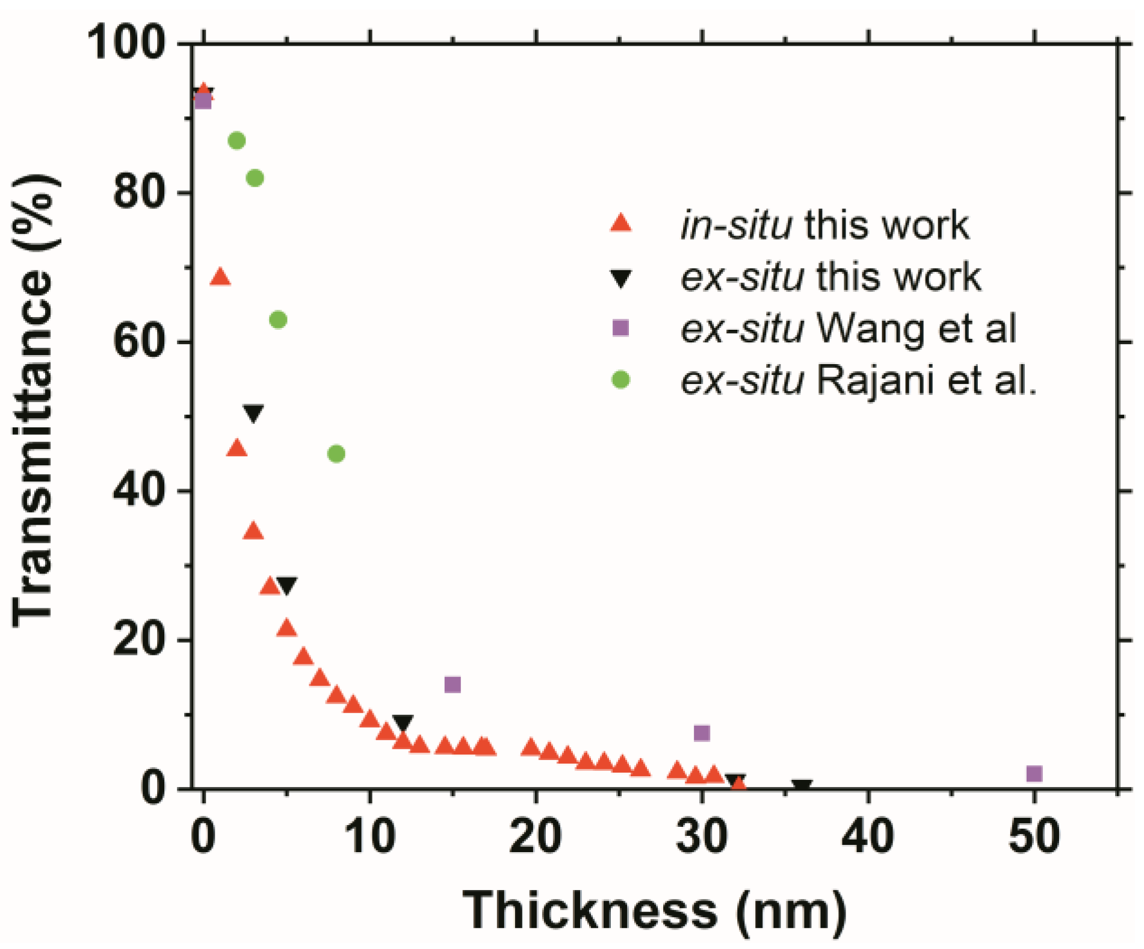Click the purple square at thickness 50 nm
pyautogui.click(x=1034, y=774)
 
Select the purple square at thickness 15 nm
pyautogui.click(x=453, y=685)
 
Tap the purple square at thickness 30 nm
pyautogui.click(x=702, y=733)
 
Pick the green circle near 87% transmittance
pyautogui.click(x=237, y=141)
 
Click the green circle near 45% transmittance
pyautogui.click(x=336, y=454)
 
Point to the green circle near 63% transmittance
pyautogui.click(x=278, y=320)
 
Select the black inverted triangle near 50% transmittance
pyautogui.click(x=253, y=413)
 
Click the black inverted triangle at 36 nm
pyautogui.click(x=802, y=786)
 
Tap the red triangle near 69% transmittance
pyautogui.click(x=220, y=277)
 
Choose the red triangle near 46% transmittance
pyautogui.click(x=237, y=449)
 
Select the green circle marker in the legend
pyautogui.click(x=620, y=380)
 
